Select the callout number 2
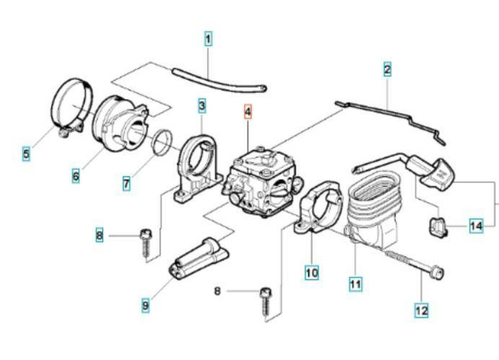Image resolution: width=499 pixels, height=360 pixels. click(388, 71)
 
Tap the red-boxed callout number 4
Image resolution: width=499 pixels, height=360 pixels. click(247, 112)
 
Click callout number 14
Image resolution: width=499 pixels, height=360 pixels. click(477, 226)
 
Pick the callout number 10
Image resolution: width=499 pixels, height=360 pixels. click(312, 272)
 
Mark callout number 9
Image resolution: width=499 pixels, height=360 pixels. click(145, 306)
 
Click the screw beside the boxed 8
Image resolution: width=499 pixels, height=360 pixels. click(145, 241)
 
